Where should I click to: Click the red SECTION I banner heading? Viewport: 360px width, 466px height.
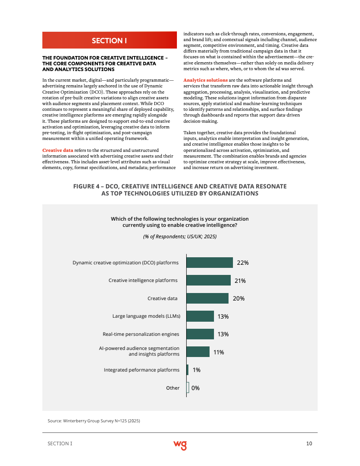click(109, 41)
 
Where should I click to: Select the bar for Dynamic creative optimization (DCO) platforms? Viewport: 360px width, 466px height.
click(210, 263)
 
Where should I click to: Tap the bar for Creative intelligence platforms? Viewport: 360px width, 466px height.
click(209, 280)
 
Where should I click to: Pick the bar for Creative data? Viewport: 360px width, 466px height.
click(207, 298)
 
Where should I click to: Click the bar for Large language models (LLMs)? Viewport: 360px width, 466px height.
click(200, 316)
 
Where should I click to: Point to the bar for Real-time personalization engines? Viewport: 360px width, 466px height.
click(200, 334)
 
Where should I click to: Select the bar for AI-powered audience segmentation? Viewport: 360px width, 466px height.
click(198, 352)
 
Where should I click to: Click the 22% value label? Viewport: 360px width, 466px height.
click(243, 263)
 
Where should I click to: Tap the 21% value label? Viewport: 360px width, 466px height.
click(240, 281)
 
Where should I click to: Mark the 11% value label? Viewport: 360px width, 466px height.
click(219, 352)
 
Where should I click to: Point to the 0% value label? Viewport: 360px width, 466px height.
click(195, 388)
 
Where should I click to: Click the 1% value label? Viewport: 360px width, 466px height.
click(196, 370)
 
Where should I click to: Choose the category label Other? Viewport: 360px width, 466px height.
click(172, 388)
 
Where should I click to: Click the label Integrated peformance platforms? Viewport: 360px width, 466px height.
click(142, 370)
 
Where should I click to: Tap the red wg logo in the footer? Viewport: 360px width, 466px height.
click(180, 444)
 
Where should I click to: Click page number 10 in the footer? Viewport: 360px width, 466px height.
click(309, 443)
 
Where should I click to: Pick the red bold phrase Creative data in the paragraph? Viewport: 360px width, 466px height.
click(57, 150)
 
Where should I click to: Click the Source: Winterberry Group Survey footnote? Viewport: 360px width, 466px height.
click(94, 421)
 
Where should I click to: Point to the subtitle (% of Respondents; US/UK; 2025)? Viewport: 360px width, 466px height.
click(180, 237)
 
